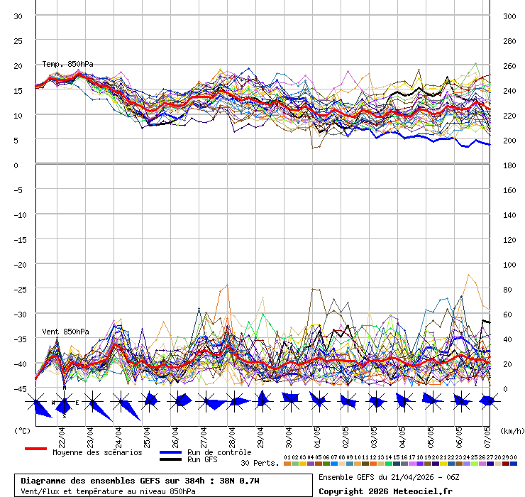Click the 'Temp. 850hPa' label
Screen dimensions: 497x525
tap(67, 64)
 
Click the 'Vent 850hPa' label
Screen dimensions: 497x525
tap(65, 332)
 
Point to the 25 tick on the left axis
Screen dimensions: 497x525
tap(18, 40)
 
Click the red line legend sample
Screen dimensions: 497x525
tap(35, 449)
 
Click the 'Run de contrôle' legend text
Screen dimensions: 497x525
tap(219, 452)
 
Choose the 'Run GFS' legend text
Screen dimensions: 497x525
tap(202, 460)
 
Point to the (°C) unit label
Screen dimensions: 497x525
tap(22, 430)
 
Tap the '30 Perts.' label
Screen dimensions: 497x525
tap(260, 463)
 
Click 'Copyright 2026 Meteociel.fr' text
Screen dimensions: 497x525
tap(385, 491)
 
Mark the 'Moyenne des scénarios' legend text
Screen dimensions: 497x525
tap(97, 452)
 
